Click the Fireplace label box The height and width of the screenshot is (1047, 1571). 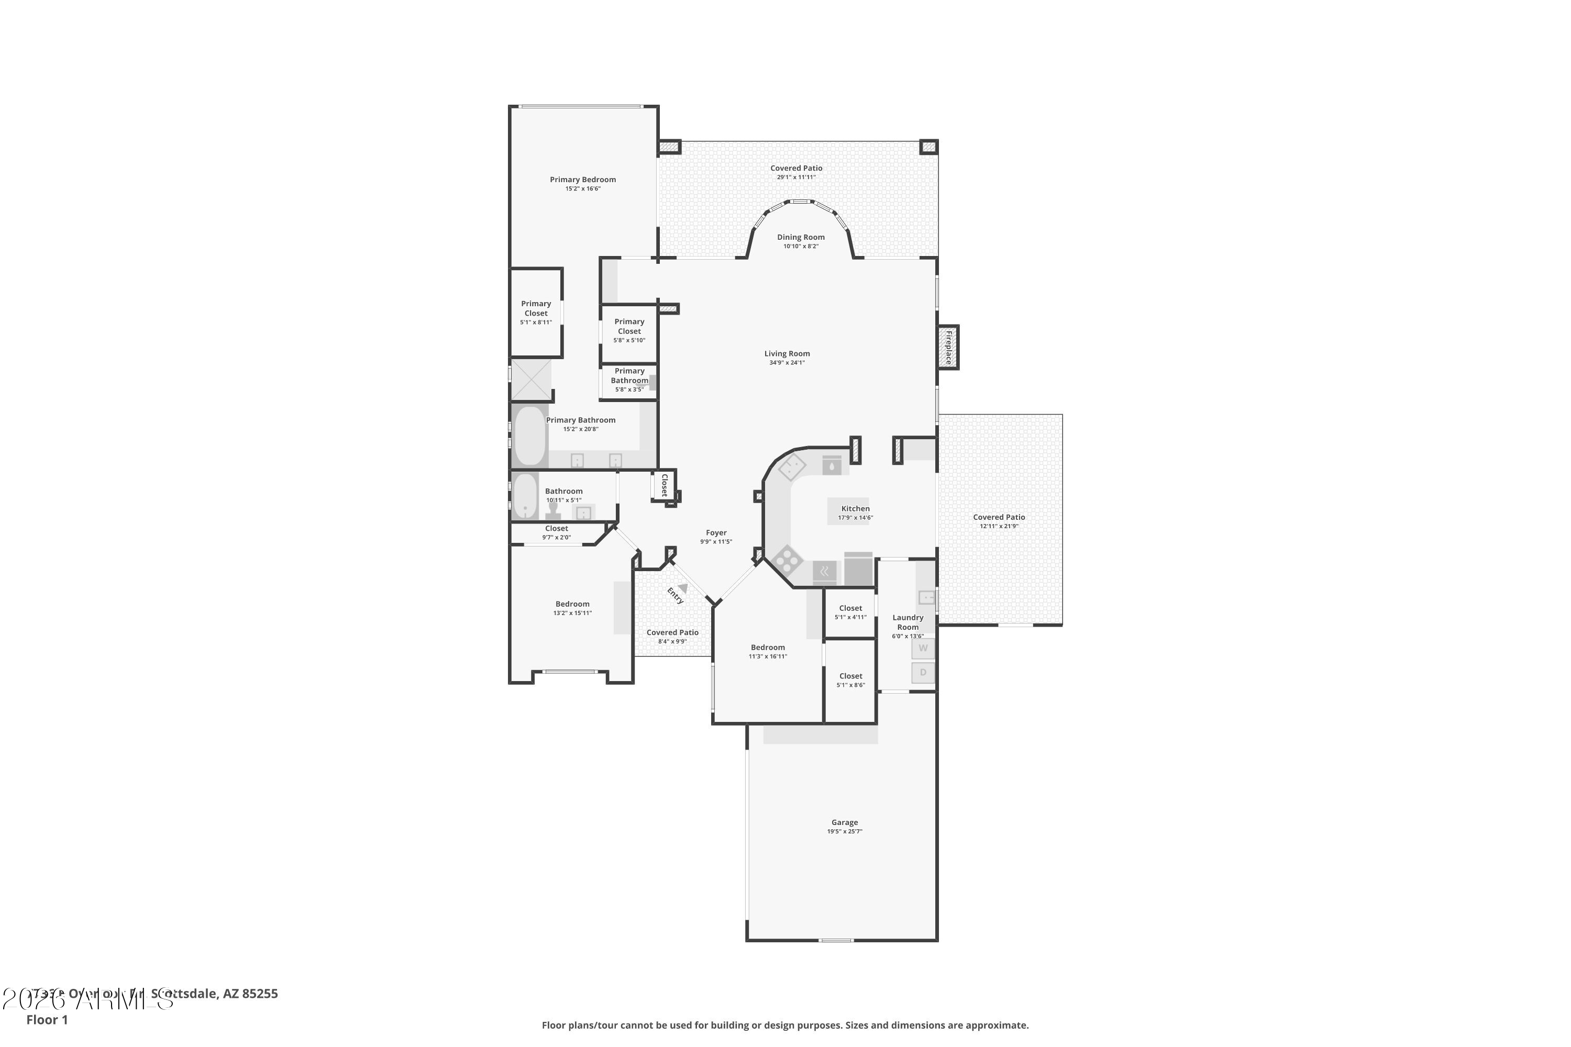click(x=948, y=347)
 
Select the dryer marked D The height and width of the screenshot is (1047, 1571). click(x=923, y=672)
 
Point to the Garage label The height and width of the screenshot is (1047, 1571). click(x=844, y=822)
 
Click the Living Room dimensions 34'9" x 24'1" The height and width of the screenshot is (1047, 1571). click(x=787, y=363)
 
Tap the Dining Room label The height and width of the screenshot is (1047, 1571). click(x=800, y=237)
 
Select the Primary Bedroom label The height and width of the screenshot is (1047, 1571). click(x=582, y=180)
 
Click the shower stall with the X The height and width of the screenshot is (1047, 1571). click(x=531, y=380)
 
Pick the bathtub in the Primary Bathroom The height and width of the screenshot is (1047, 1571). click(x=529, y=436)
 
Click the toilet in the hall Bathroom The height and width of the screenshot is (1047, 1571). click(x=553, y=511)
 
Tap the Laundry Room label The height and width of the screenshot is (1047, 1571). click(x=908, y=622)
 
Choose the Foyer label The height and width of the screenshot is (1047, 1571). click(x=716, y=533)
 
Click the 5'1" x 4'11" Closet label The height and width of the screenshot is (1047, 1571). click(x=850, y=608)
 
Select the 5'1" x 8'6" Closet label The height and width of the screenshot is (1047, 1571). click(x=850, y=676)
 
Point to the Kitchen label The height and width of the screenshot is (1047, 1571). click(x=855, y=509)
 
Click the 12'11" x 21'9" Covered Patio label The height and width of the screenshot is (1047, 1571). click(x=999, y=518)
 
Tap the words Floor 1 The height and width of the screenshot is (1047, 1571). click(x=47, y=1020)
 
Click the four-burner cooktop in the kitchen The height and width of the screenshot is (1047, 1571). click(x=788, y=559)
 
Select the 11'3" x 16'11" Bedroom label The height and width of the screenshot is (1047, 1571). click(x=768, y=648)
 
